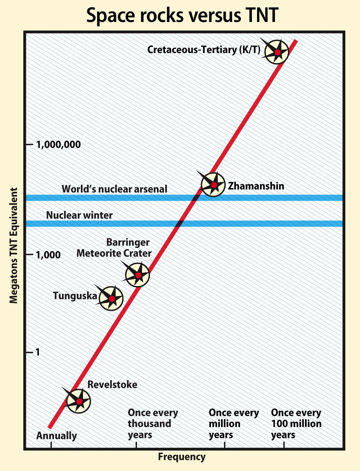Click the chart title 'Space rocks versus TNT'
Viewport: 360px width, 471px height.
(183, 15)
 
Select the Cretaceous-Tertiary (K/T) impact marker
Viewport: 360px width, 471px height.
(277, 52)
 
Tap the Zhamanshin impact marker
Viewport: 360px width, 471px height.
(213, 185)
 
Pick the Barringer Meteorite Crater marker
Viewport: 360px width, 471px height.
(138, 275)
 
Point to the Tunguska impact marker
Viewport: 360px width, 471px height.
(111, 298)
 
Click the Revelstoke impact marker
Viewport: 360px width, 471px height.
(78, 401)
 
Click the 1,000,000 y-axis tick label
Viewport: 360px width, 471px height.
(58, 145)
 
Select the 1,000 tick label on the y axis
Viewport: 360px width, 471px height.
(48, 255)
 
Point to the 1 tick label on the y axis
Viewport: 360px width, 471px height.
(38, 352)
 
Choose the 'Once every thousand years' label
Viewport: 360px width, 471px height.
(153, 424)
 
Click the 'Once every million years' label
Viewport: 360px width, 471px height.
(234, 424)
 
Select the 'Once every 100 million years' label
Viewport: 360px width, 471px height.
(296, 424)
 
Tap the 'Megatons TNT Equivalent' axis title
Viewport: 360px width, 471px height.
(14, 245)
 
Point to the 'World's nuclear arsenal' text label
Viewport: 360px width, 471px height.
(114, 189)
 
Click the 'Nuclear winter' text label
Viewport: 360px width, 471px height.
(79, 215)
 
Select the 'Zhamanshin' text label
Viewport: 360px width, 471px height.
(256, 186)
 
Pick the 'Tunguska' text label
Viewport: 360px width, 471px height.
(75, 296)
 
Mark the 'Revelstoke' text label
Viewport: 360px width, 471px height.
(112, 385)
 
